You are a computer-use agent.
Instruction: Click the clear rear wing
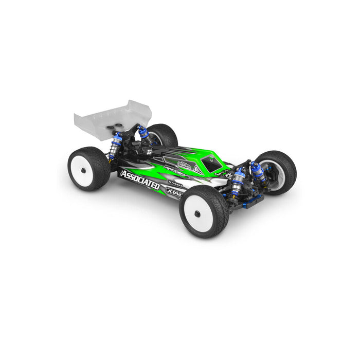point(103,116)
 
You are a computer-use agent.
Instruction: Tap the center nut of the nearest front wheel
point(196,213)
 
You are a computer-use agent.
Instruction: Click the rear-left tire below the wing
point(88,169)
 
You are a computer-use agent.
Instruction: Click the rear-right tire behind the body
point(164,135)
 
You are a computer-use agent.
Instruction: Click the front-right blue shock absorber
point(259,172)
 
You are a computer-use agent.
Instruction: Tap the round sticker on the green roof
point(184,165)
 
